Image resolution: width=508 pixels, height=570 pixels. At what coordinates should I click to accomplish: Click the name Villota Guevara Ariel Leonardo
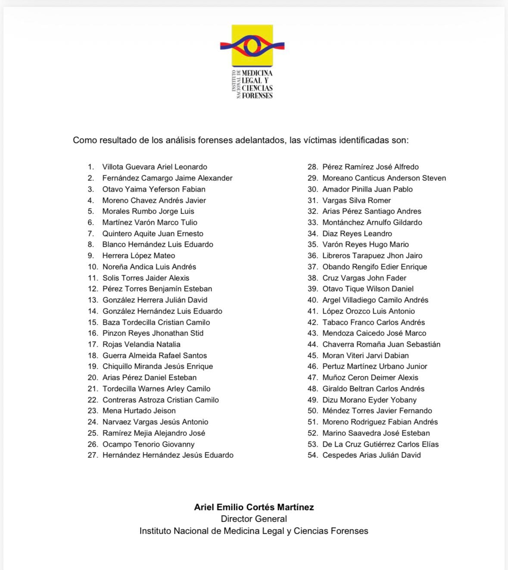pyautogui.click(x=155, y=167)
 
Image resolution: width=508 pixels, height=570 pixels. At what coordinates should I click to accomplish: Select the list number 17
pyautogui.click(x=93, y=344)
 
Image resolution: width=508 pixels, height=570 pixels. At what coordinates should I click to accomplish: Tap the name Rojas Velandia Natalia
pyautogui.click(x=141, y=344)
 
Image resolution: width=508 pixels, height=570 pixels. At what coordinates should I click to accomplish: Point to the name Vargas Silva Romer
pyautogui.click(x=356, y=200)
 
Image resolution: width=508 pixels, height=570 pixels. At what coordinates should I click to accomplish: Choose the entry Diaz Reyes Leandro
pyautogui.click(x=357, y=234)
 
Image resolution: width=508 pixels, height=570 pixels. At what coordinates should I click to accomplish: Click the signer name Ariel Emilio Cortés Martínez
pyautogui.click(x=254, y=507)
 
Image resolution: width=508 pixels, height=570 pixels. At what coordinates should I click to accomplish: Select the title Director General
pyautogui.click(x=254, y=519)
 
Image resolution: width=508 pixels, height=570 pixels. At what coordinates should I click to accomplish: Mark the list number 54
pyautogui.click(x=312, y=455)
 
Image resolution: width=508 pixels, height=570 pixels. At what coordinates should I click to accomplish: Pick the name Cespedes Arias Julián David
pyautogui.click(x=371, y=455)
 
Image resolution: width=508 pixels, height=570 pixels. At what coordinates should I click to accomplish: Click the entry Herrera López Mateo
pyautogui.click(x=139, y=255)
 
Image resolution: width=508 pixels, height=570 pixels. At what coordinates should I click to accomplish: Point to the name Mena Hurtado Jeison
pyautogui.click(x=139, y=411)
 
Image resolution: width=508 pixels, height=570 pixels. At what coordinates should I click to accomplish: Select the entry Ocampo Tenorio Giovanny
pyautogui.click(x=149, y=444)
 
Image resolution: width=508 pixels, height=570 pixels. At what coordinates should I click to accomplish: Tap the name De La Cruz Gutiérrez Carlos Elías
pyautogui.click(x=380, y=444)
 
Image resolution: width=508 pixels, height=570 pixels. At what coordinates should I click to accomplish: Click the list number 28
pyautogui.click(x=312, y=167)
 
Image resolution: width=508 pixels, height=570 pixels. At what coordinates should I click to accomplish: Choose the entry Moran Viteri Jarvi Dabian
pyautogui.click(x=365, y=355)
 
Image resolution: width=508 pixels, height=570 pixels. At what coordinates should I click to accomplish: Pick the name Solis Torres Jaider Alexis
pyautogui.click(x=146, y=278)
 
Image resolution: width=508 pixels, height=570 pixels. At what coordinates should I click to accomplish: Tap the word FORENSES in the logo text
pyautogui.click(x=257, y=96)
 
